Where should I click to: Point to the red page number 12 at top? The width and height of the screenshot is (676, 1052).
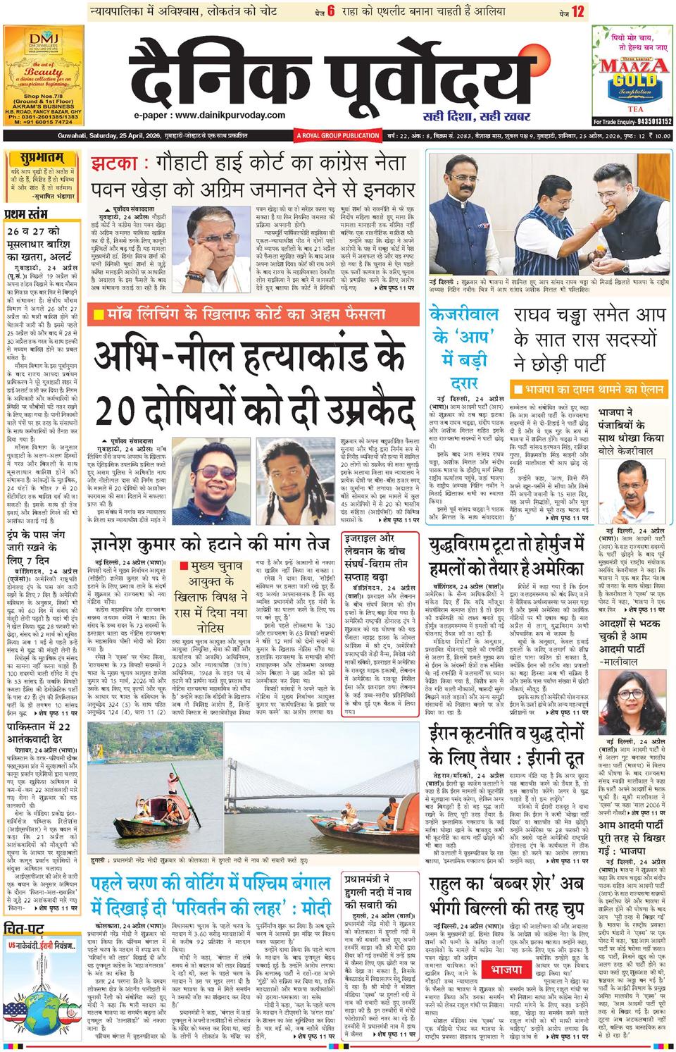(578, 12)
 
